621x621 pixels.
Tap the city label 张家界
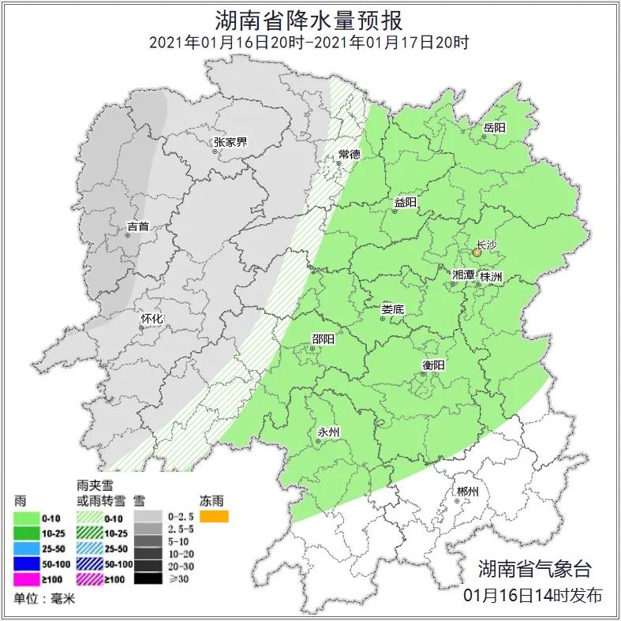click(230, 142)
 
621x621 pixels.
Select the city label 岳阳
click(494, 127)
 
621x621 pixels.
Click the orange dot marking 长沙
click(477, 253)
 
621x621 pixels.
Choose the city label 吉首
click(137, 226)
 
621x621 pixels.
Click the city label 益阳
click(405, 202)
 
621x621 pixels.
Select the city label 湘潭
click(463, 275)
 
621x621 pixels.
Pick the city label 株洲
click(491, 276)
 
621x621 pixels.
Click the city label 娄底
click(392, 309)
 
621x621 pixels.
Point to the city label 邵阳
click(323, 339)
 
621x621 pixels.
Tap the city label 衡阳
click(433, 365)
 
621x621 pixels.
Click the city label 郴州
click(467, 492)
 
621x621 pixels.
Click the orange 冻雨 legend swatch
click(214, 517)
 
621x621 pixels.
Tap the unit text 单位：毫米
click(41, 598)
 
